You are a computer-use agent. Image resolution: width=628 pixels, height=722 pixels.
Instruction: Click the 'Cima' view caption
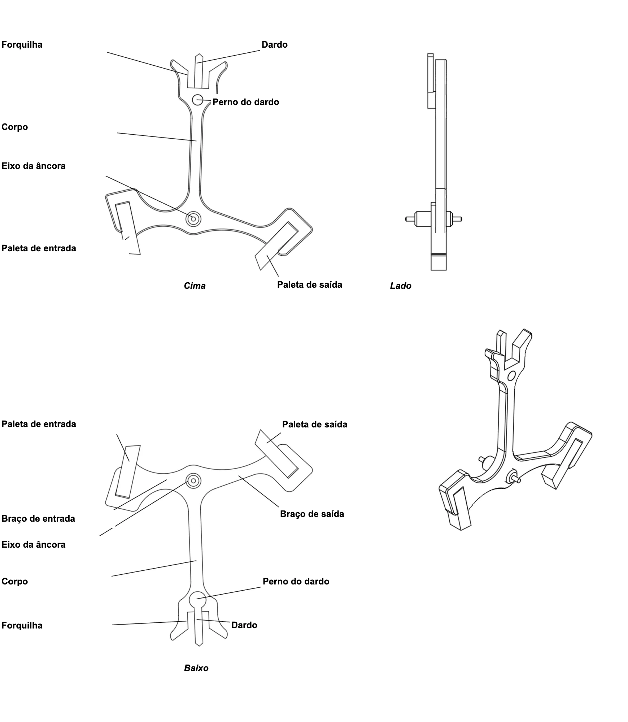pos(195,286)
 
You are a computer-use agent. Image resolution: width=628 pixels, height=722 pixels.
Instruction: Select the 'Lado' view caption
pos(401,286)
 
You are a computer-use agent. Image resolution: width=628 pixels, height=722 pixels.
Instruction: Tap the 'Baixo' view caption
pos(196,668)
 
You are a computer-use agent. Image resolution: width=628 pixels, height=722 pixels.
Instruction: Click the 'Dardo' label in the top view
pos(275,45)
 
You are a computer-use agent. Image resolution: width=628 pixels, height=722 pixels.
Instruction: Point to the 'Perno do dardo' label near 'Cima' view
pos(246,102)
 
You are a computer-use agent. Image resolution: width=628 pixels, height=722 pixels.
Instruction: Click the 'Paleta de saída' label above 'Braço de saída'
pos(315,424)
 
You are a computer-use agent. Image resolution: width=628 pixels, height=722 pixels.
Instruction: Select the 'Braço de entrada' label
pos(38,519)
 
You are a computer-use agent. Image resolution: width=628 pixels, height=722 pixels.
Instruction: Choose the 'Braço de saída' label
pos(312,514)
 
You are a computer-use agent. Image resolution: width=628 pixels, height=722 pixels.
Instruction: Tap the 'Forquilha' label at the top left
pos(22,45)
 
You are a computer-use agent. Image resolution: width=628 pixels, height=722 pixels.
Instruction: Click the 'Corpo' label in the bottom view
pos(15,582)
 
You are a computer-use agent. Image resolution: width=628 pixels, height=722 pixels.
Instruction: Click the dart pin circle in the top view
pos(198,100)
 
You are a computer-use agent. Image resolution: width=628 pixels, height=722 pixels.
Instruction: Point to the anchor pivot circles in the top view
pos(193,218)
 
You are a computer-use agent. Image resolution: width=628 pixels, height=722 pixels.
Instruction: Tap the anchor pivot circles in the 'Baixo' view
pos(193,481)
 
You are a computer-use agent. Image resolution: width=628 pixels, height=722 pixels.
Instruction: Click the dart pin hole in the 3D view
pos(511,377)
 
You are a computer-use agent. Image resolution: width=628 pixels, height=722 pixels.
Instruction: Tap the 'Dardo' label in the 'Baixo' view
pos(244,625)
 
